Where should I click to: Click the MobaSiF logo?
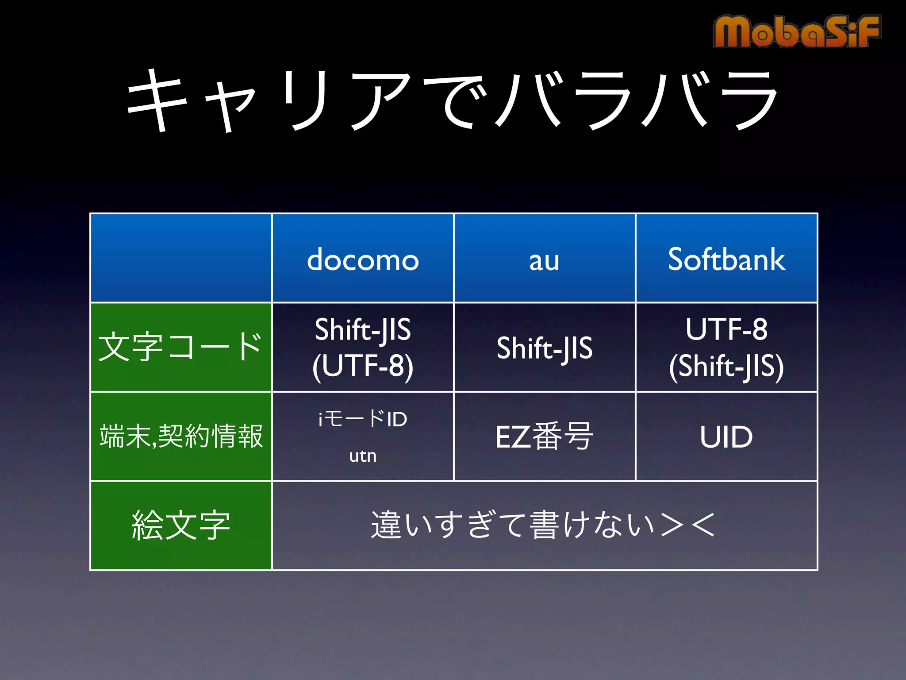tap(796, 31)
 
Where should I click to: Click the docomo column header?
tap(363, 260)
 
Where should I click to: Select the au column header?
tap(544, 260)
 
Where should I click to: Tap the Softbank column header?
tap(726, 259)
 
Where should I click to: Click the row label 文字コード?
tap(180, 347)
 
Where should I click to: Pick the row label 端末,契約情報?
tap(181, 437)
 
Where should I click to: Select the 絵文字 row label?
tap(181, 525)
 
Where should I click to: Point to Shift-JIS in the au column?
tap(544, 348)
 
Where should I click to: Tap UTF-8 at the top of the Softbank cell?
tap(726, 329)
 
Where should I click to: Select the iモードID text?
tap(363, 419)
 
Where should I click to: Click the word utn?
tap(363, 456)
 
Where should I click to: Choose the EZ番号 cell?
tap(544, 437)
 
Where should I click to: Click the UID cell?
tap(726, 437)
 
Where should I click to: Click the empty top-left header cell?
tap(181, 258)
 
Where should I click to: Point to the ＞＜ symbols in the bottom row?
tap(688, 525)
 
